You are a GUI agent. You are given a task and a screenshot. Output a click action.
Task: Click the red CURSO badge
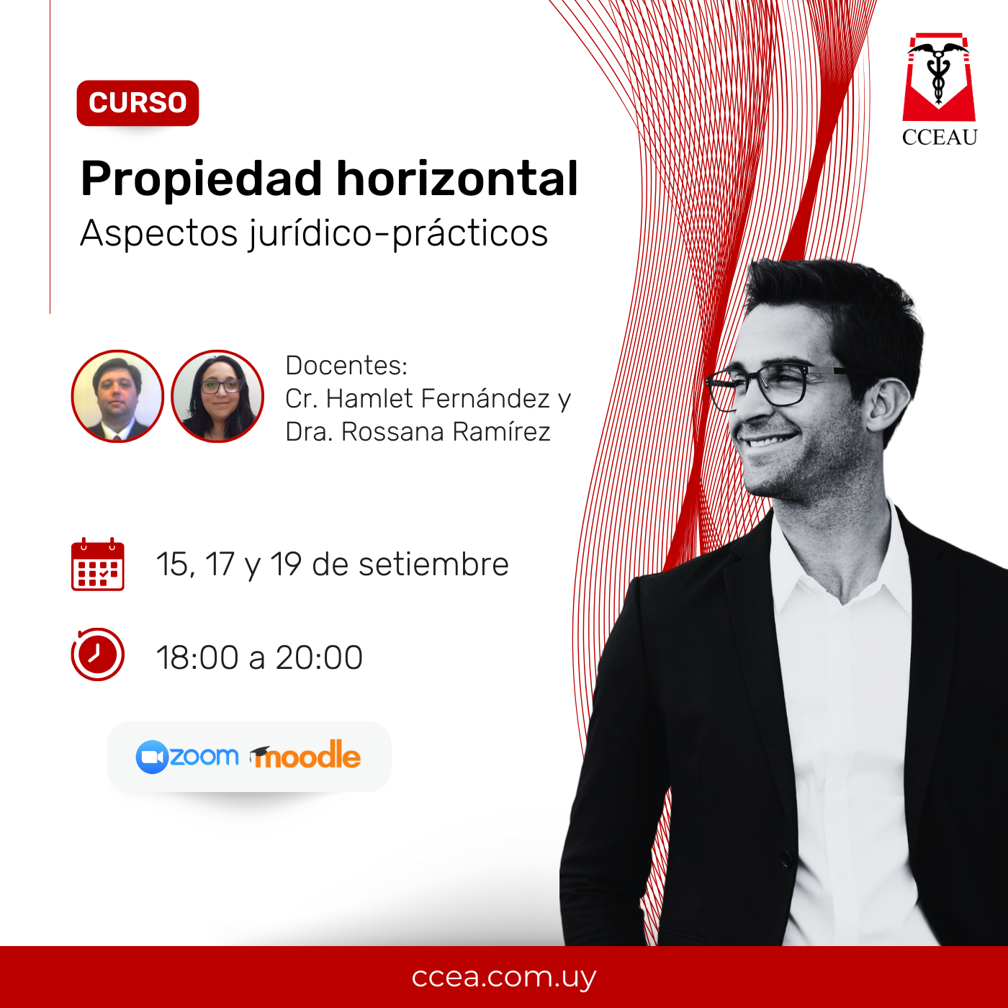138,103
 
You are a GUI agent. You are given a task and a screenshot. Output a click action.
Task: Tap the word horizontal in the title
456,179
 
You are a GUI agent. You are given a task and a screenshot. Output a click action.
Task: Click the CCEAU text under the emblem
940,137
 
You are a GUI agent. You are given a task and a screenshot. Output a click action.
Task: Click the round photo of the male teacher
117,396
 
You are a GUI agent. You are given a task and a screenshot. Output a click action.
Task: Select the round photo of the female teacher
217,396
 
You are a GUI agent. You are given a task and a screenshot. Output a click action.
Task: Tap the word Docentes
346,365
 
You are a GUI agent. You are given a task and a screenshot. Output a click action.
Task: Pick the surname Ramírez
501,431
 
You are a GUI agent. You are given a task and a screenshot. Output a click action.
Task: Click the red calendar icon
98,564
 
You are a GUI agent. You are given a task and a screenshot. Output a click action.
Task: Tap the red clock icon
98,654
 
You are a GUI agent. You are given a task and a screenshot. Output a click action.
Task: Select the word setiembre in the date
433,564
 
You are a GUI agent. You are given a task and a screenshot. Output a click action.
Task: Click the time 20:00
319,657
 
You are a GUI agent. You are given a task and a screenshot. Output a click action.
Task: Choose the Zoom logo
186,757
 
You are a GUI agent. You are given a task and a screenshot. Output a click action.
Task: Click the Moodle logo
305,755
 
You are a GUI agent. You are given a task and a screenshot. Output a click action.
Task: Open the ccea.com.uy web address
504,976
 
